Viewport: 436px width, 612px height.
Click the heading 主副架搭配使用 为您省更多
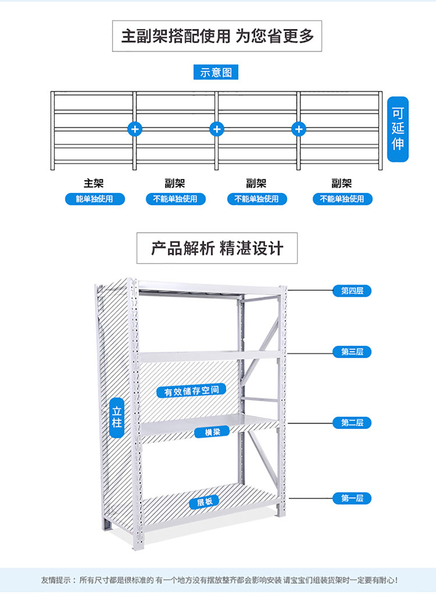point(217,36)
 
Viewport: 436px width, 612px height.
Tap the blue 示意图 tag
point(216,73)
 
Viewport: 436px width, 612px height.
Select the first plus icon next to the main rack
point(135,128)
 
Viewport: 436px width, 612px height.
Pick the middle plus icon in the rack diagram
point(216,128)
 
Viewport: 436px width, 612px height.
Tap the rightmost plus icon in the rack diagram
point(299,128)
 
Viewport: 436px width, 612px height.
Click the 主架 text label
point(94,184)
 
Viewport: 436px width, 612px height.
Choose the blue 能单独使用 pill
point(94,199)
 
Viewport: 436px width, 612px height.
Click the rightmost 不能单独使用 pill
point(342,199)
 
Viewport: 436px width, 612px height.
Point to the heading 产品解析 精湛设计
point(217,249)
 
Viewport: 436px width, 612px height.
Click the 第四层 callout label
point(352,291)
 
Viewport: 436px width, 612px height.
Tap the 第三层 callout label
point(352,352)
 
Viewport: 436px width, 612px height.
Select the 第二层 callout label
point(352,423)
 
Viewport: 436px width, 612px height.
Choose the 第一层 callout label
point(352,498)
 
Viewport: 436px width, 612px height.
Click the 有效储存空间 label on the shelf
point(191,391)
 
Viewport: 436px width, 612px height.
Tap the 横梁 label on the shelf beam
point(204,432)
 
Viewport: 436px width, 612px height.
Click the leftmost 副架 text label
point(175,184)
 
